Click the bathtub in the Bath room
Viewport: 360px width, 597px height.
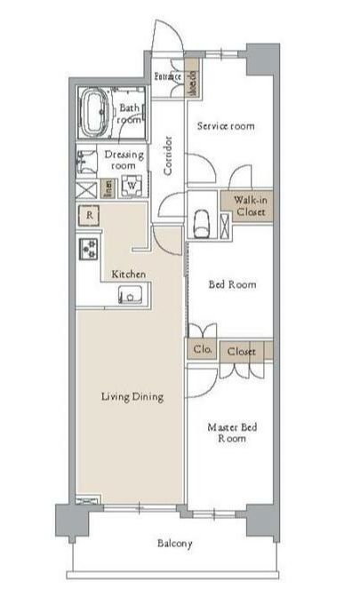[x=96, y=112]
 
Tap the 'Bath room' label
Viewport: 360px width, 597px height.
[x=131, y=114]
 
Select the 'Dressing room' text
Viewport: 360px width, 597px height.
[x=124, y=160]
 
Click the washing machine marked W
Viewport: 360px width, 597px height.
[x=131, y=187]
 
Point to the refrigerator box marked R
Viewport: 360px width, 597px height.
[x=89, y=215]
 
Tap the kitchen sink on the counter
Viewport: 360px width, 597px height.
[x=130, y=296]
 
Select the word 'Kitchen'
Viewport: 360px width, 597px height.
[x=128, y=274]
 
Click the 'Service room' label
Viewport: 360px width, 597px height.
[x=225, y=126]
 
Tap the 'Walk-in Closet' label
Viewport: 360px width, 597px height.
[x=252, y=207]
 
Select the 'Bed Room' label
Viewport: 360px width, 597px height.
[x=232, y=284]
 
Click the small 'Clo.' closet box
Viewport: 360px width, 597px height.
[x=200, y=351]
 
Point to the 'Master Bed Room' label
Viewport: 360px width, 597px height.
[x=232, y=433]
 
